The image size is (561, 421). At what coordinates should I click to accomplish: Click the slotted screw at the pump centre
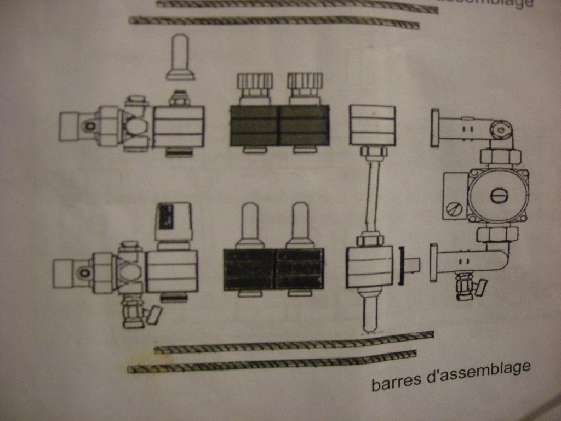(499, 195)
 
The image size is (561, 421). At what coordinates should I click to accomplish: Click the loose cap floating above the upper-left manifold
(181, 56)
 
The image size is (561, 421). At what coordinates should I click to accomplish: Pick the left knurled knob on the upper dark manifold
(254, 85)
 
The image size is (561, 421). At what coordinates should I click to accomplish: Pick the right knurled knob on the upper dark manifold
(305, 85)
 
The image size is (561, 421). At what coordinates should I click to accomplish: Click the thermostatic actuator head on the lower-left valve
(173, 221)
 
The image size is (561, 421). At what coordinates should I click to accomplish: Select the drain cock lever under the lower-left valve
(153, 315)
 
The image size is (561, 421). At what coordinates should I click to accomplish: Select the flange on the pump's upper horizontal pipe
(435, 127)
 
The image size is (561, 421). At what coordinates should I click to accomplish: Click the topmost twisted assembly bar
(296, 5)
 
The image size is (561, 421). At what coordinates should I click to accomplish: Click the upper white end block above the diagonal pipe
(373, 125)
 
